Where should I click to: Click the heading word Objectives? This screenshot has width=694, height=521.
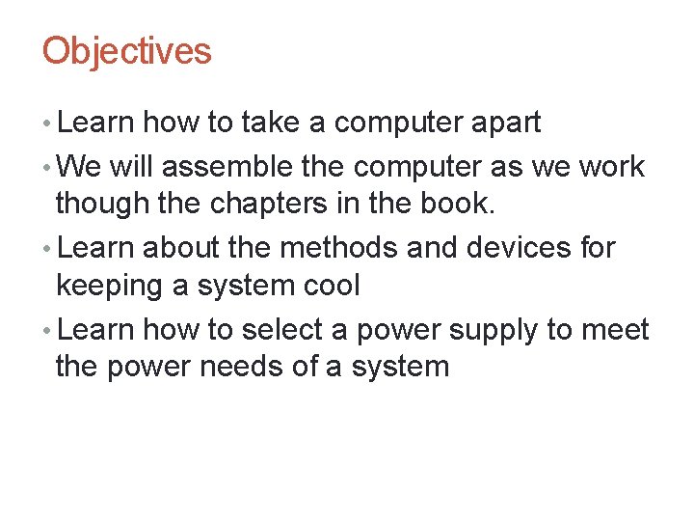(x=126, y=51)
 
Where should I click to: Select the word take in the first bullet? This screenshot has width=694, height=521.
(x=270, y=123)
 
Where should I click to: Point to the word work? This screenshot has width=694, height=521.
(x=611, y=166)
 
